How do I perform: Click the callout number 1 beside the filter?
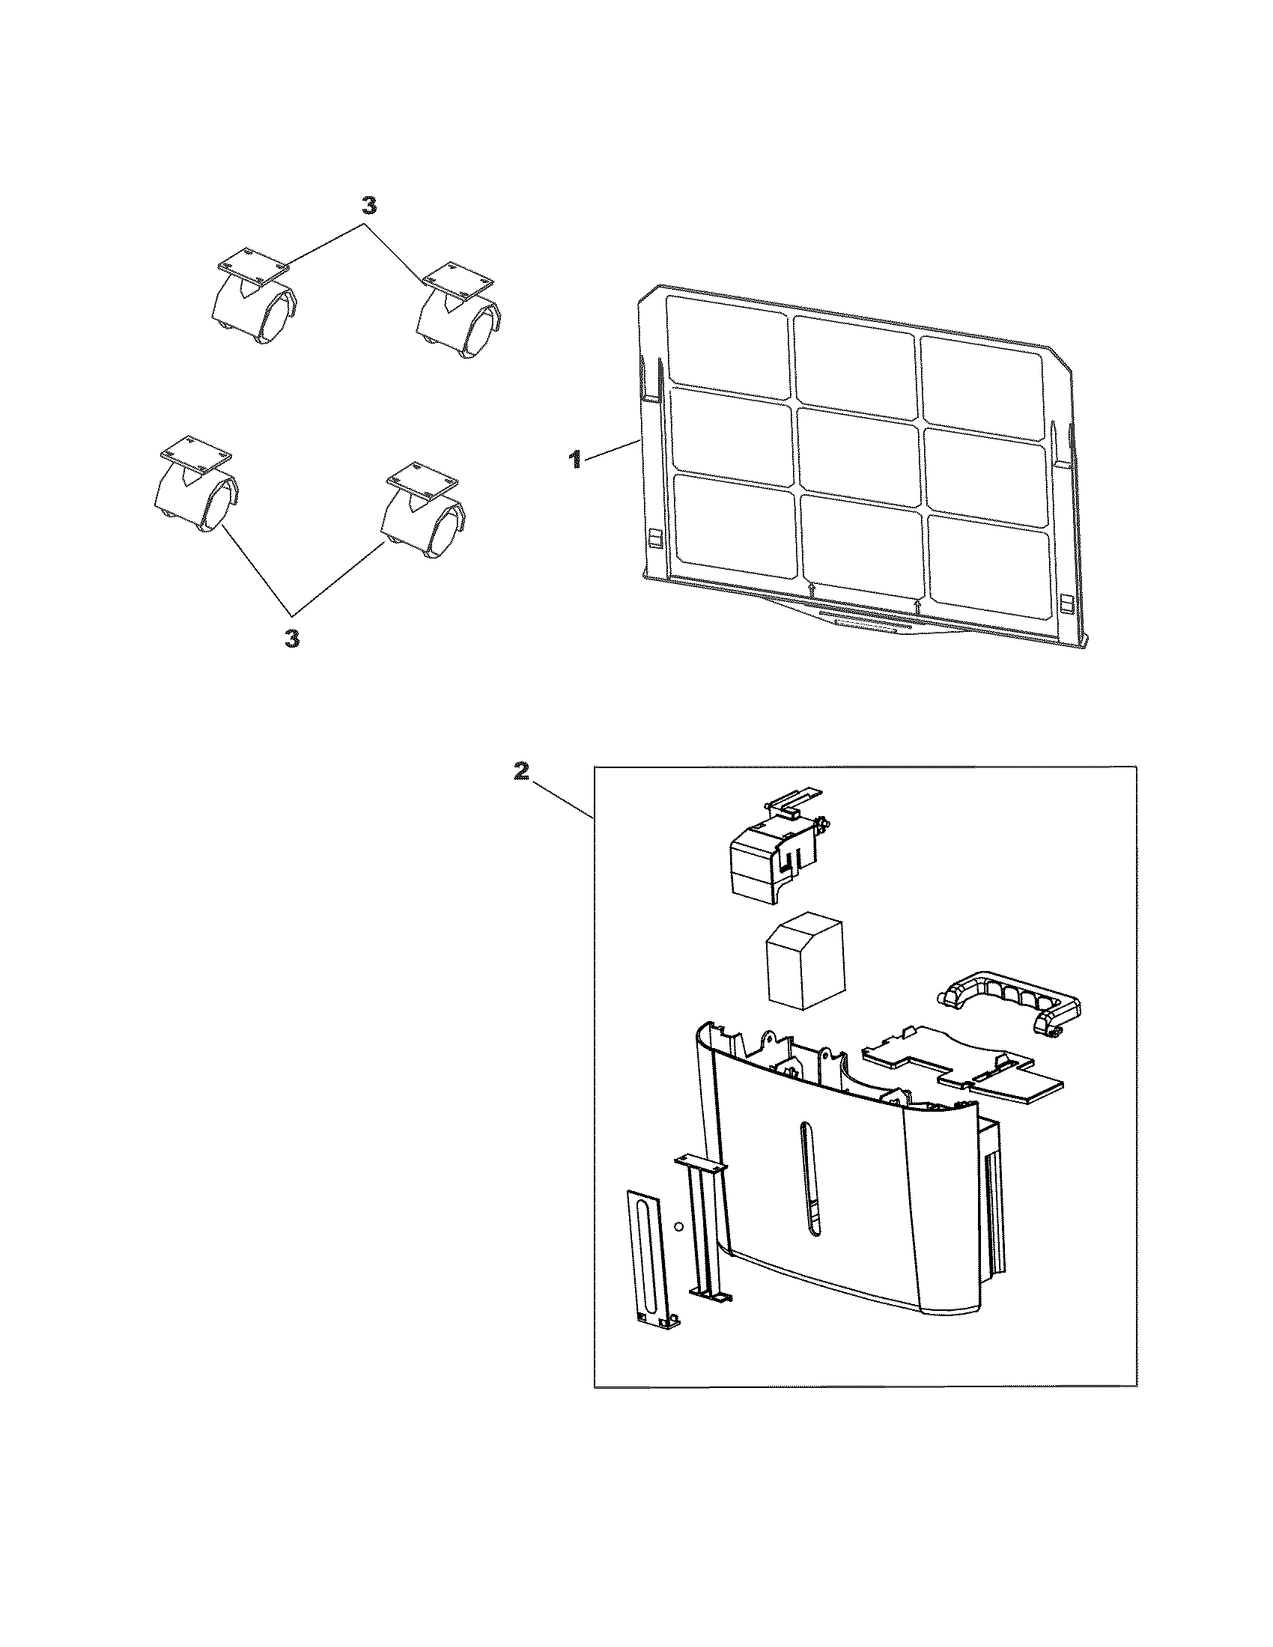[x=574, y=459]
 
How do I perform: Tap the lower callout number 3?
[x=292, y=639]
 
